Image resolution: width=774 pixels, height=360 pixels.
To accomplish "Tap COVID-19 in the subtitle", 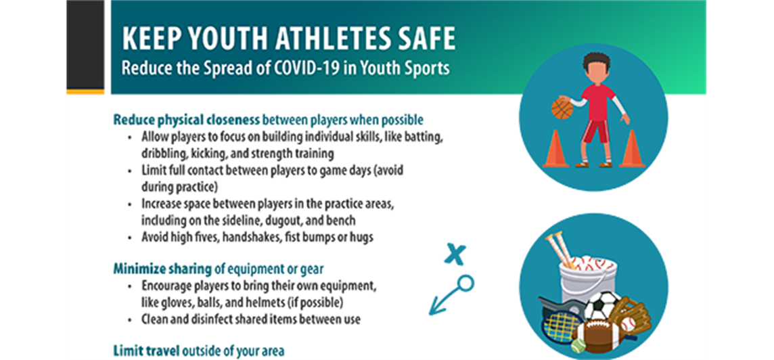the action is (290, 68).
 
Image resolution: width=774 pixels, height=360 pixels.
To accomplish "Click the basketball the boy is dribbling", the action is (562, 109).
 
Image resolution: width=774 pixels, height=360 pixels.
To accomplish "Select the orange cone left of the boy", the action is (556, 149).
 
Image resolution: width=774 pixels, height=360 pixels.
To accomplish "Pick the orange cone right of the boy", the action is (632, 149).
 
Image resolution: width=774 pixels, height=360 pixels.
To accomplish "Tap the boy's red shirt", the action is (598, 102).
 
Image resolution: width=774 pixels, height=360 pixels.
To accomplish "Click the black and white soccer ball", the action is (600, 306).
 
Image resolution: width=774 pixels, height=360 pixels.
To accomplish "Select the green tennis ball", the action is (578, 346).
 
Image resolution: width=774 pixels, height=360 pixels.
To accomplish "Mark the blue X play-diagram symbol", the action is (455, 253).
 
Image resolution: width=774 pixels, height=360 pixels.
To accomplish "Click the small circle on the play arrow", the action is (465, 282).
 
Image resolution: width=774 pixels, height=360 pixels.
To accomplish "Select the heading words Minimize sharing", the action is (162, 269).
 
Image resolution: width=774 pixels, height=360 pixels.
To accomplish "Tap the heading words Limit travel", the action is (147, 351).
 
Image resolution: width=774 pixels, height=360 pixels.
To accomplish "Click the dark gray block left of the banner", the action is (85, 45).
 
